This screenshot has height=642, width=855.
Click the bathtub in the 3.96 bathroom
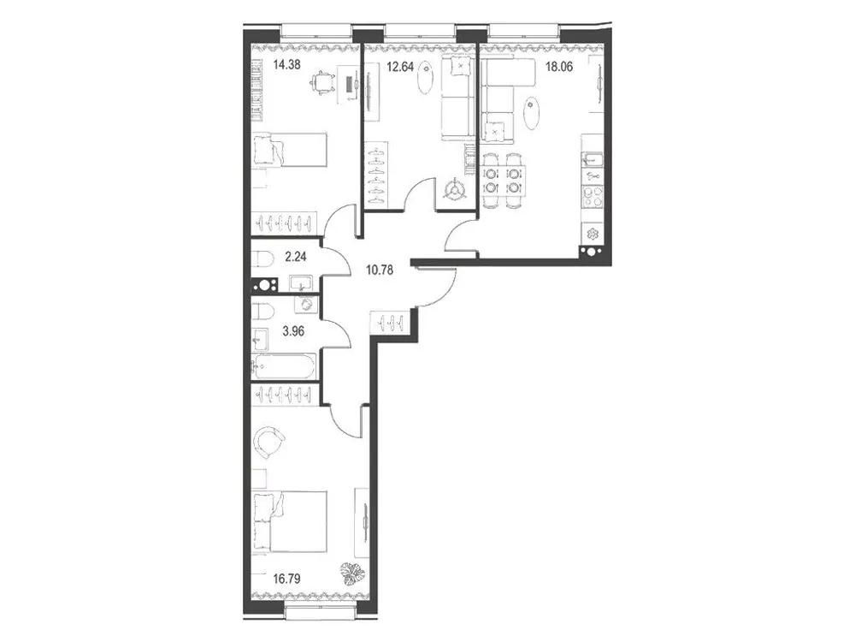tap(284, 366)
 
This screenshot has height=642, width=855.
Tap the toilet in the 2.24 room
tap(263, 258)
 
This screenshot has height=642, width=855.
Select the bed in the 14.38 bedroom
tap(290, 152)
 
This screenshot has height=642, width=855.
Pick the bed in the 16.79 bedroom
tap(292, 521)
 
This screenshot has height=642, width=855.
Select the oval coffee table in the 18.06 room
tap(533, 112)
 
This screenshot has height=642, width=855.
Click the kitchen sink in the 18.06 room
tap(593, 158)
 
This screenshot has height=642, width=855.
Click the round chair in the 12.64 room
tap(454, 189)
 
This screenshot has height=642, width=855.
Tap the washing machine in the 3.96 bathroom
tap(305, 306)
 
